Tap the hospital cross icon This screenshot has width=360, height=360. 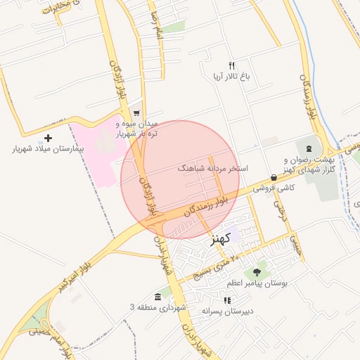[x=48, y=138]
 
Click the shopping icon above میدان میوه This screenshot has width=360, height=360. [x=136, y=112]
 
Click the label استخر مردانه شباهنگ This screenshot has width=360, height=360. [x=210, y=169]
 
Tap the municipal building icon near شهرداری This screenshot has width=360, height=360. [x=157, y=297]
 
